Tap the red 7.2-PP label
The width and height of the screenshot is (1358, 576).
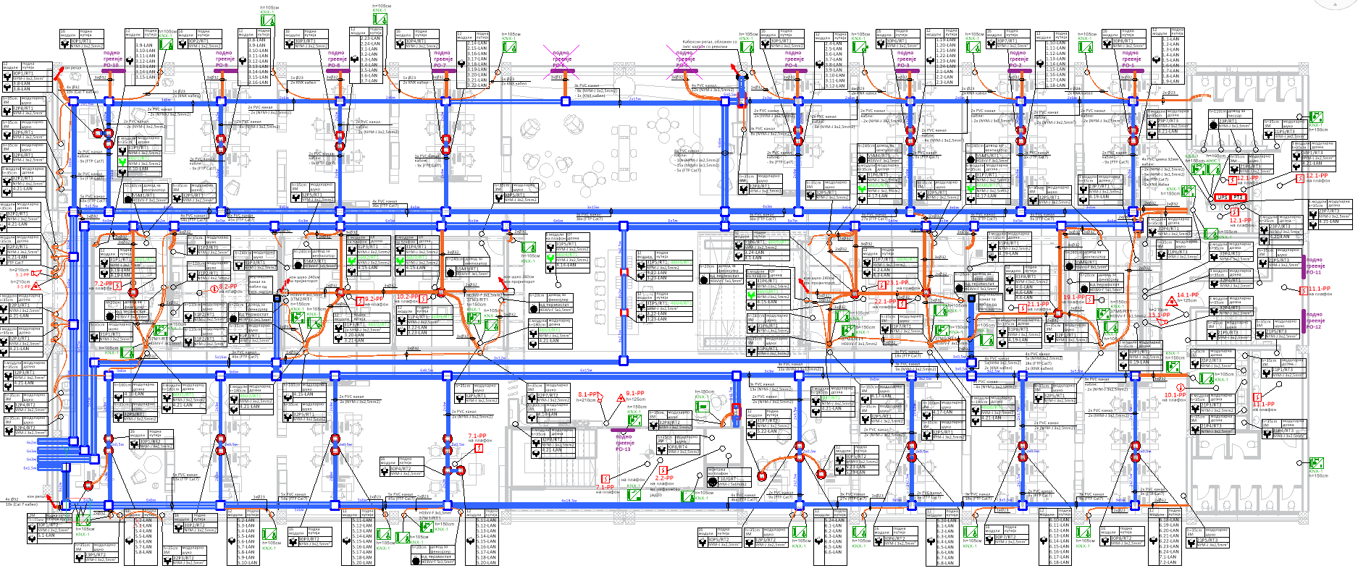pos(104,284)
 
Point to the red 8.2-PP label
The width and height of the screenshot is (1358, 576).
pos(227,287)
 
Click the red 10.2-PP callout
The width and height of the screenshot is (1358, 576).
pos(407,296)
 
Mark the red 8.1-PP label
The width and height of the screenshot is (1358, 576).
pos(586,394)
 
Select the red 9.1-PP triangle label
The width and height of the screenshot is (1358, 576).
pos(634,394)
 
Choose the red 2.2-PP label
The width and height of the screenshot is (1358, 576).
pos(664,478)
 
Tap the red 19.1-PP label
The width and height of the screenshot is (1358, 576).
pos(1074,297)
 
